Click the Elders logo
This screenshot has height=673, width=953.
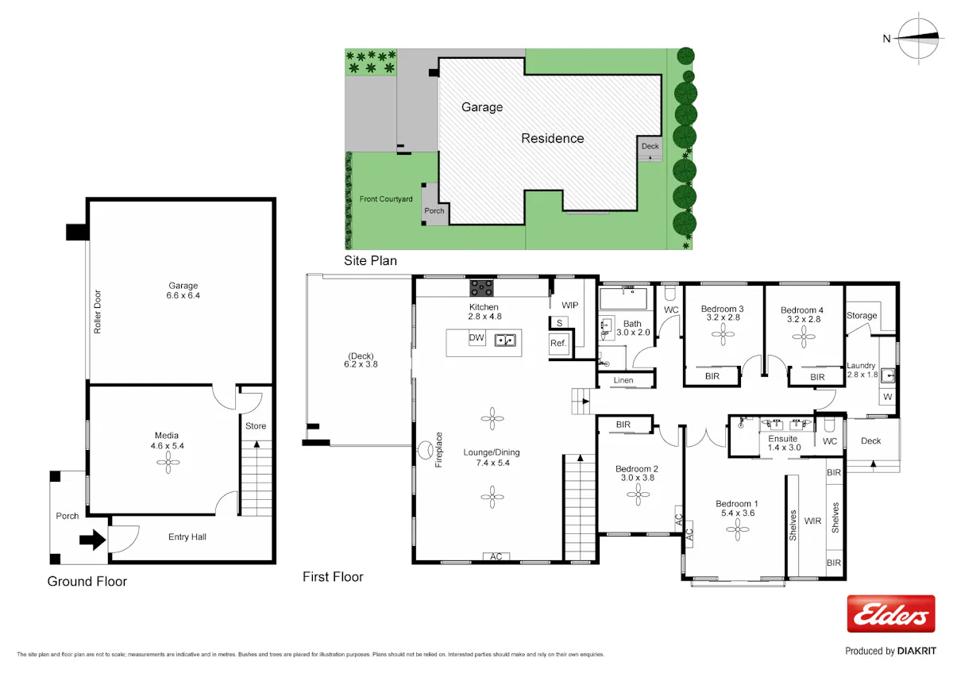pos(891,613)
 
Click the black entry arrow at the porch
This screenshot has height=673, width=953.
pos(92,540)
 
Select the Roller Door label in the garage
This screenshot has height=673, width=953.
pos(98,312)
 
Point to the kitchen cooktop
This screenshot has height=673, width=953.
pos(481,288)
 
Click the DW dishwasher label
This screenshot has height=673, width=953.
pos(476,337)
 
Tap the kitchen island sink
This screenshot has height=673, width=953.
pos(505,340)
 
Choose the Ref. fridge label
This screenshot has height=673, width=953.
pos(558,343)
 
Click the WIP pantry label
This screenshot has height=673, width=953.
pos(569,306)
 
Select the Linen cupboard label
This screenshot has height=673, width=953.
pos(623,380)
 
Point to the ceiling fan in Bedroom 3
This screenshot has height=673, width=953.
pos(723,335)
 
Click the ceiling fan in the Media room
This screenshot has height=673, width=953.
pos(168,462)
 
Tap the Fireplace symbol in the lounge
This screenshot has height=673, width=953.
pos(425,450)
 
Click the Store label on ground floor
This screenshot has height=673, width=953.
pos(256,426)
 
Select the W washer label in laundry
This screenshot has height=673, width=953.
pos(888,397)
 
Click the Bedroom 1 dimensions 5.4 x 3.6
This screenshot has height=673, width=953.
pos(738,513)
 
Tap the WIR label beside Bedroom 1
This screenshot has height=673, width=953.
pos(812,521)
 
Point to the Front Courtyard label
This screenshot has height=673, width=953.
pos(386,199)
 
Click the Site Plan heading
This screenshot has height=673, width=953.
pos(370,260)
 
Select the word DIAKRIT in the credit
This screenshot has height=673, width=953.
pos(916,651)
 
